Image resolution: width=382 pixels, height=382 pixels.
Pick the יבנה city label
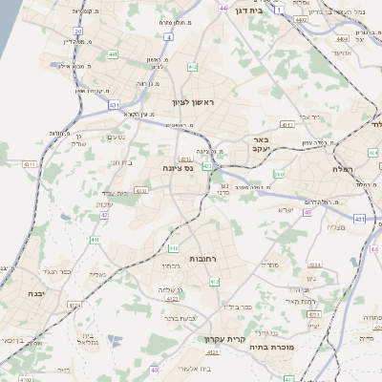point(36,293)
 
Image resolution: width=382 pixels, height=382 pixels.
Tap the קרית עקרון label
point(225,339)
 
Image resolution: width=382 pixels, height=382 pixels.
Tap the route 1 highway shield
point(278,10)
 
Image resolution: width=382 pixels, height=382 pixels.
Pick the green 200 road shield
point(279,174)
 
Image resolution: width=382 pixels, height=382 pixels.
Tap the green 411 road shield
point(121,239)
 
